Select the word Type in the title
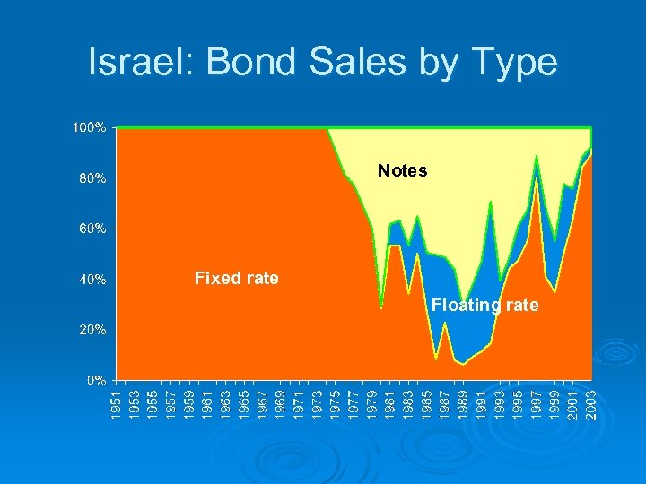511,62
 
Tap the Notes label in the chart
402,170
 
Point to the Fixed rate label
236,279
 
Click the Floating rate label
484,306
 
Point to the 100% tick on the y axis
90,127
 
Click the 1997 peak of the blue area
537,160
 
